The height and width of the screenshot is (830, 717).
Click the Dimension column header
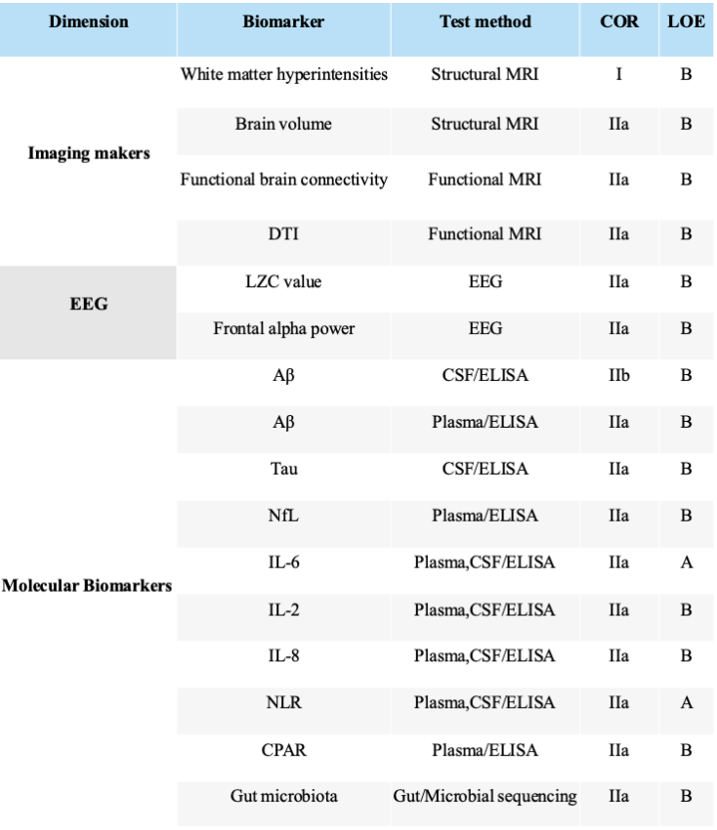click(88, 21)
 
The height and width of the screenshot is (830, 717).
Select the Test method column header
click(485, 21)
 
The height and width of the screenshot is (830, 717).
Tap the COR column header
click(619, 21)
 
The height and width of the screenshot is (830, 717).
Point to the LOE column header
click(686, 21)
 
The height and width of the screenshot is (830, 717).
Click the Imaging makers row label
click(89, 153)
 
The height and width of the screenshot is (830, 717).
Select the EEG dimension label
click(89, 304)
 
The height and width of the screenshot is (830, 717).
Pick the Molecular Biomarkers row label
click(88, 586)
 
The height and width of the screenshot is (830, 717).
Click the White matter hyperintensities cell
click(284, 74)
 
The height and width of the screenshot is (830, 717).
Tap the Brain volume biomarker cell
click(283, 124)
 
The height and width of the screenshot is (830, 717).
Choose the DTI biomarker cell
click(283, 234)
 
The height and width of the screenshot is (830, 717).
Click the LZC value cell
click(283, 281)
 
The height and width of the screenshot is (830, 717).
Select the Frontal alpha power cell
click(283, 328)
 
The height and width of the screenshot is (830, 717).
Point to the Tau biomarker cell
click(283, 469)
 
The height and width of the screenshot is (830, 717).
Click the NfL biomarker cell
click(283, 516)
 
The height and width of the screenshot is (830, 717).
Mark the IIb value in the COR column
click(619, 375)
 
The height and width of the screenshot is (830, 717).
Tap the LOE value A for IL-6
click(686, 562)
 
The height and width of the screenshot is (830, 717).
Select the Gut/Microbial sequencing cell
click(485, 797)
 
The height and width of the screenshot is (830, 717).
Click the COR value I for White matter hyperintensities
click(619, 74)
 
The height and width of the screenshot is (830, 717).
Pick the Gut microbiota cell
click(283, 797)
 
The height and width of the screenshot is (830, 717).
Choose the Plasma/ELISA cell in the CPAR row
click(485, 750)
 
